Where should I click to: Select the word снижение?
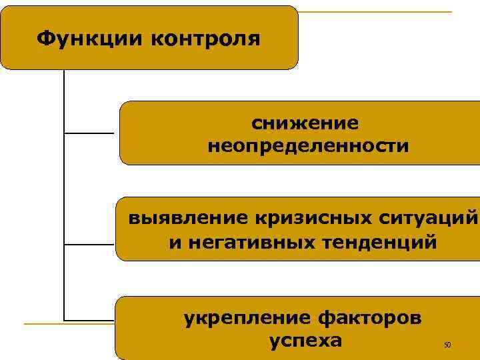point(304,123)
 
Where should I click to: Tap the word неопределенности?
point(308,145)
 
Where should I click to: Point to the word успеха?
point(305,341)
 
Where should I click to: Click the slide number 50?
point(447,345)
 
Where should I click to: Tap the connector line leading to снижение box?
point(89,133)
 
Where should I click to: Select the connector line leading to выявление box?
point(89,244)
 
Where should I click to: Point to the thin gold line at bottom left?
point(67,324)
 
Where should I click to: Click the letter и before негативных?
point(175,241)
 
